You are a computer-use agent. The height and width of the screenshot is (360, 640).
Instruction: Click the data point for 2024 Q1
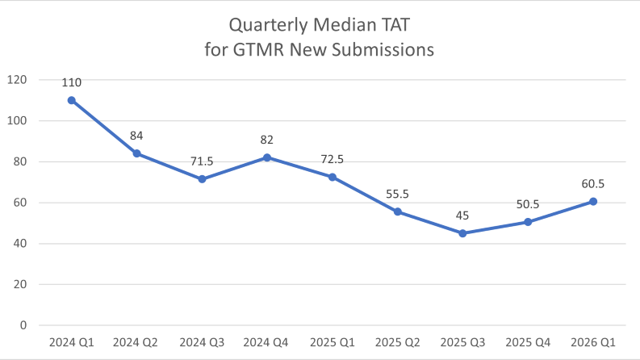(x=72, y=100)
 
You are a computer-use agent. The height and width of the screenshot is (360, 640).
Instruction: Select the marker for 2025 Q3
(x=462, y=233)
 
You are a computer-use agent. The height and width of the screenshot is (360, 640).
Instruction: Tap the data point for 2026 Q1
(x=593, y=201)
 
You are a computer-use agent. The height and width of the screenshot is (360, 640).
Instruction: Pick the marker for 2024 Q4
(x=267, y=157)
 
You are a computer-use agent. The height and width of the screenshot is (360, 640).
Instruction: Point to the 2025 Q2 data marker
(x=398, y=211)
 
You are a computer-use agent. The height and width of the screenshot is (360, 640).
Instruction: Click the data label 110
(x=72, y=82)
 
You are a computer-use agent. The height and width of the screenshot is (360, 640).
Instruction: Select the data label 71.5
(x=202, y=161)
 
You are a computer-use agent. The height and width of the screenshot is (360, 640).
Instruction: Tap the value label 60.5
(x=593, y=184)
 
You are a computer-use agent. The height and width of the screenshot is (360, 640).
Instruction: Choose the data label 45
(x=462, y=216)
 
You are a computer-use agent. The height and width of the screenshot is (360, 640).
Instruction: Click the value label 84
(x=137, y=136)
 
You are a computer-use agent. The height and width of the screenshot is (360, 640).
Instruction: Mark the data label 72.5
(x=333, y=159)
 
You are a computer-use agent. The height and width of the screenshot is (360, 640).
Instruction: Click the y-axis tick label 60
(x=19, y=203)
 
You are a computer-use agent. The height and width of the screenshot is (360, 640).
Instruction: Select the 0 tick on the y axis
(x=23, y=325)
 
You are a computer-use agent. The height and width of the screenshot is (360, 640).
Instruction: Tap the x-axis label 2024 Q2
(x=137, y=342)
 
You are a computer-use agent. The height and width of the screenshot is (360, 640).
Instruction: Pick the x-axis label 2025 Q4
(x=528, y=342)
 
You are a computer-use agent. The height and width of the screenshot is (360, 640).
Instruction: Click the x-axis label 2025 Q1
(x=333, y=342)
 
